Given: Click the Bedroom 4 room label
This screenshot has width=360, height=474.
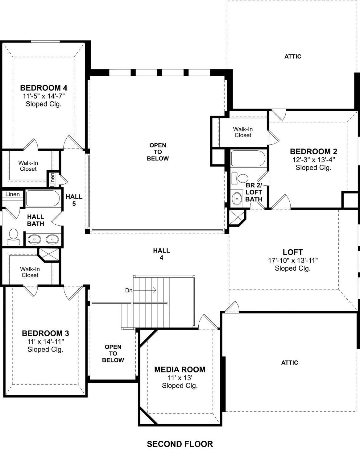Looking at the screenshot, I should (x=43, y=88).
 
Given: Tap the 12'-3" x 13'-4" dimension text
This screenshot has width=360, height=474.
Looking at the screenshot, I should (x=313, y=160).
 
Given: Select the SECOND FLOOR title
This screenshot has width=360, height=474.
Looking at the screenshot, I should (x=180, y=444).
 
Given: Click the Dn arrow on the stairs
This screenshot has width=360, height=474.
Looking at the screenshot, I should (x=145, y=290).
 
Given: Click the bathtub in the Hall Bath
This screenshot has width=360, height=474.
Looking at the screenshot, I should (x=43, y=198).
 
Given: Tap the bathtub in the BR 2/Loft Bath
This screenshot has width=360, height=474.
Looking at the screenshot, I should (x=248, y=158).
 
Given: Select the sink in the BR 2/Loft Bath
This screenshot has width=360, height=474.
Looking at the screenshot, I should (x=237, y=198).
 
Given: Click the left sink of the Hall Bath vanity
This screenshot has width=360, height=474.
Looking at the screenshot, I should (x=34, y=239).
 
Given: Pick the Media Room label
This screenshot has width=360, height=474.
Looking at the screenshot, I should (x=180, y=369).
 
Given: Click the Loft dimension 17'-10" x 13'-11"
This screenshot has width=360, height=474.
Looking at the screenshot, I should (x=293, y=260).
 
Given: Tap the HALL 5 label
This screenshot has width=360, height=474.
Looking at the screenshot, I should (x=74, y=200).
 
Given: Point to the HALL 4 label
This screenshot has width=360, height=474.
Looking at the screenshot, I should (x=161, y=254).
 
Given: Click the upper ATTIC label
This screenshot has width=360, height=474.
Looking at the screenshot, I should (x=293, y=56).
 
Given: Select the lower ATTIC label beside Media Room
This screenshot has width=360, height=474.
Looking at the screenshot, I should (x=289, y=363).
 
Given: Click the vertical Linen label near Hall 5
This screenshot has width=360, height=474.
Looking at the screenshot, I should (x=52, y=179).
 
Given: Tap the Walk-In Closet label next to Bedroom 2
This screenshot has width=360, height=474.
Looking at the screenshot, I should (x=243, y=132).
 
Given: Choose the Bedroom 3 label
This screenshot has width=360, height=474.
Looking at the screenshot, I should (x=45, y=333).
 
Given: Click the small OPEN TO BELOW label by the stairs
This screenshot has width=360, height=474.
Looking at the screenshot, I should (x=113, y=353).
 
